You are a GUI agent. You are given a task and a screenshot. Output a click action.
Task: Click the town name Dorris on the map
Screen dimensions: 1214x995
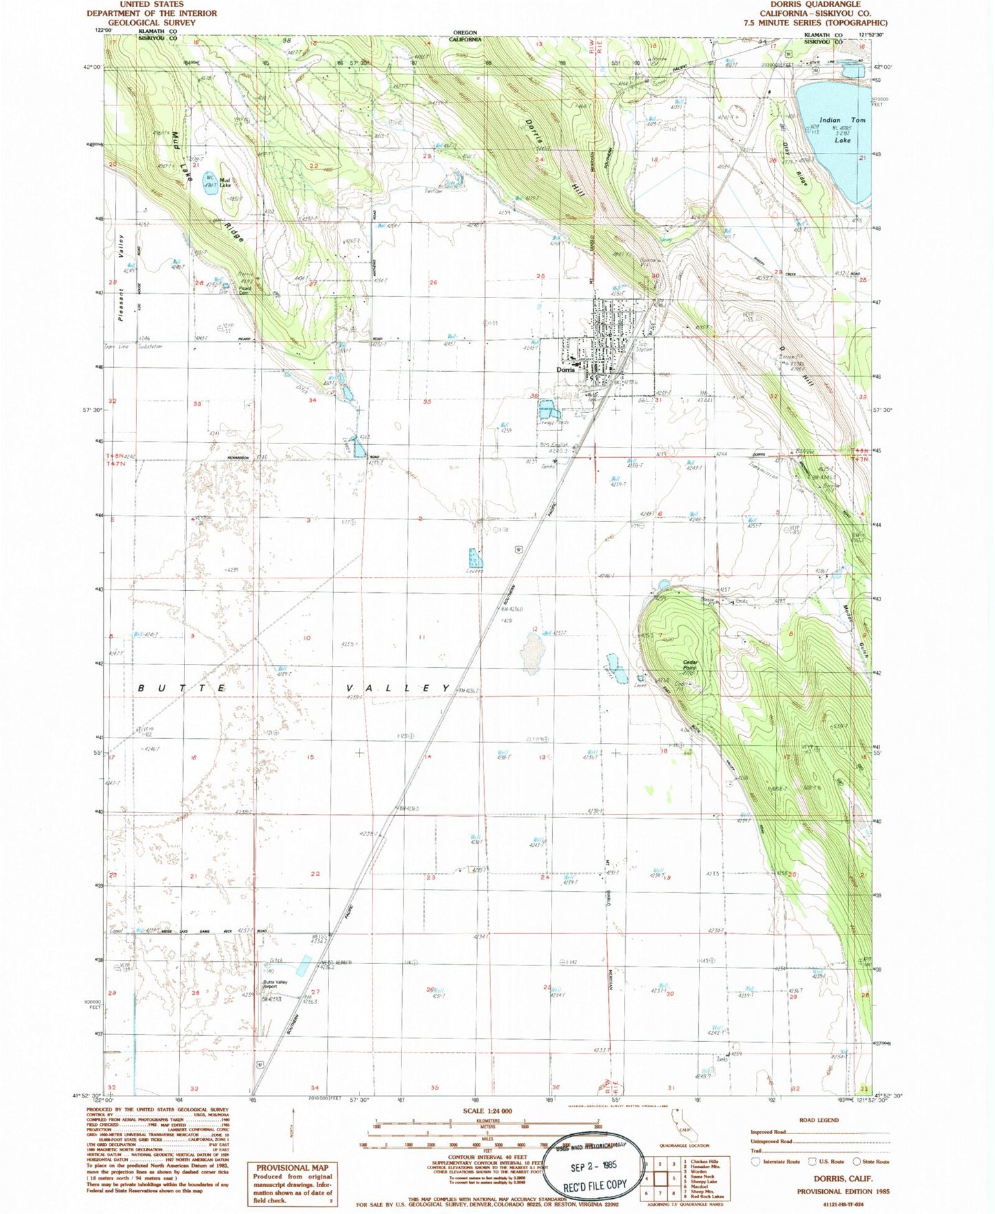(x=565, y=370)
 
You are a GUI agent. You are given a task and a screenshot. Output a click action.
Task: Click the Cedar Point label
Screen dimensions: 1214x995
(x=690, y=664)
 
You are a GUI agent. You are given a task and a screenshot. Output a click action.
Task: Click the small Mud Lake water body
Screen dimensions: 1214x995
(x=211, y=182)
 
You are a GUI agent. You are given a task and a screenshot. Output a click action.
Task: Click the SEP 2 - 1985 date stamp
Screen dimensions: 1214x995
(x=594, y=1166)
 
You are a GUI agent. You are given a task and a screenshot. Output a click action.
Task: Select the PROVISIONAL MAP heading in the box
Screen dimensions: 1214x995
(x=292, y=1168)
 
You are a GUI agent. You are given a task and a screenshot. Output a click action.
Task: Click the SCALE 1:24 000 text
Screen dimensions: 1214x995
(x=487, y=1111)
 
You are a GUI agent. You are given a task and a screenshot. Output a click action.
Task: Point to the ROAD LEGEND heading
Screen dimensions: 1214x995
(x=818, y=1120)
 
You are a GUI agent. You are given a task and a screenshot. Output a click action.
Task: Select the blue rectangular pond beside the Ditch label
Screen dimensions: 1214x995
(x=303, y=966)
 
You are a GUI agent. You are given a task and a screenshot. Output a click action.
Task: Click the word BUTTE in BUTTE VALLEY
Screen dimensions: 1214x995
(x=182, y=688)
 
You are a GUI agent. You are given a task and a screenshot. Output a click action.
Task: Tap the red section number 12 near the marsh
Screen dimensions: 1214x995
(x=534, y=629)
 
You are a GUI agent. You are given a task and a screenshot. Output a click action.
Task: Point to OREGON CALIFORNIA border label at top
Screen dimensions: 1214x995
(x=465, y=36)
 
